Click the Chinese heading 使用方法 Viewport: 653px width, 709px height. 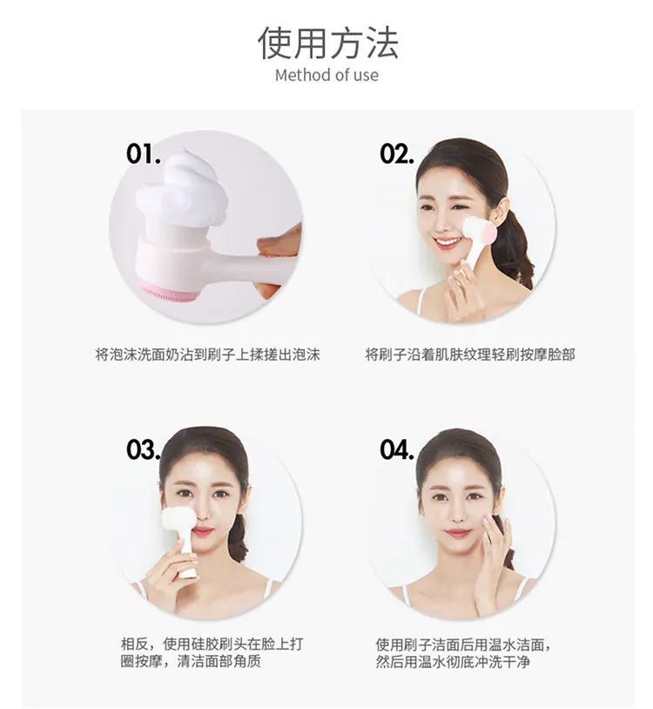click(327, 43)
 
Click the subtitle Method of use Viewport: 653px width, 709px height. click(326, 75)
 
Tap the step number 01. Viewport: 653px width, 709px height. click(144, 154)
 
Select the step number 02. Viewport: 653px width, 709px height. click(397, 154)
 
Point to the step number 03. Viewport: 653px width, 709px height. click(144, 449)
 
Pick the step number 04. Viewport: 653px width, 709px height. click(397, 449)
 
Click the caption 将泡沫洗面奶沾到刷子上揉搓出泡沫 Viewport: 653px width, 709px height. click(207, 354)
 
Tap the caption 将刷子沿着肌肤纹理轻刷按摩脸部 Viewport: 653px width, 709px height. click(470, 354)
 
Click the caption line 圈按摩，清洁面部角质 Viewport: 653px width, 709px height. click(191, 661)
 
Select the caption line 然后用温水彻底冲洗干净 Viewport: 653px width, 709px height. click(453, 661)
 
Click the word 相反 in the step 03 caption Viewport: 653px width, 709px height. click(134, 644)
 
